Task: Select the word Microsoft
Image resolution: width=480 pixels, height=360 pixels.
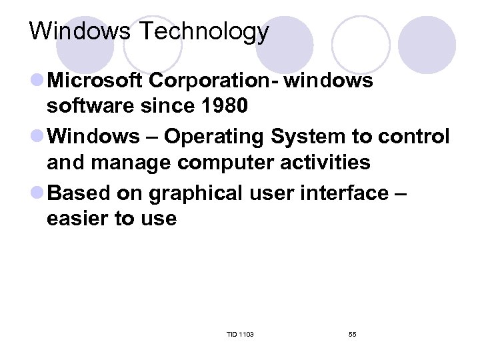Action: pos(97,81)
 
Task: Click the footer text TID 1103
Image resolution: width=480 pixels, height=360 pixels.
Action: pos(240,334)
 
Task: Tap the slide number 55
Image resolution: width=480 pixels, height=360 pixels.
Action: pos(352,334)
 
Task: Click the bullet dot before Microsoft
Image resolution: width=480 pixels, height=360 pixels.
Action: pos(38,81)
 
